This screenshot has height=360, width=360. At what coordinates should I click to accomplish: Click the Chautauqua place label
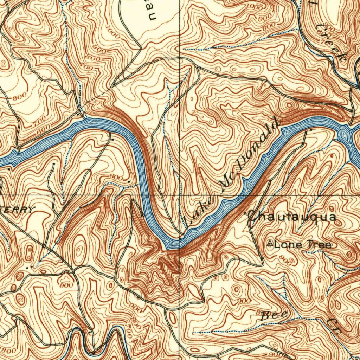(292, 217)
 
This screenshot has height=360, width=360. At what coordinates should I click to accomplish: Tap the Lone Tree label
(302, 244)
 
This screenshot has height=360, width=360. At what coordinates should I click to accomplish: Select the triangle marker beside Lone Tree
(270, 244)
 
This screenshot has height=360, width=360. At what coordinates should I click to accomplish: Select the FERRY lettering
(19, 210)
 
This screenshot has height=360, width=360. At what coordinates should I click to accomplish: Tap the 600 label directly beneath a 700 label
(44, 129)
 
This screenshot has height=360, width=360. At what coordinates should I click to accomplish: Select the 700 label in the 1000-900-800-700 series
(89, 67)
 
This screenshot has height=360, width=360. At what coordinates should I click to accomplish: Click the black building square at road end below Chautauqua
(263, 259)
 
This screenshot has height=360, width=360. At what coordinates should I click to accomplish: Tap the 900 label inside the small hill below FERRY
(66, 285)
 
